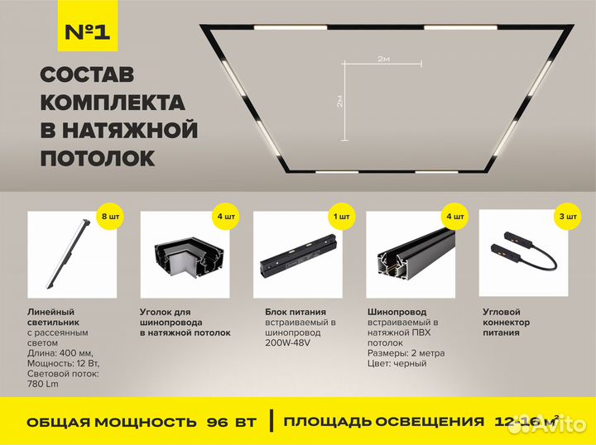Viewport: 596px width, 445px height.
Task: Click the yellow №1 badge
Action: [87, 32]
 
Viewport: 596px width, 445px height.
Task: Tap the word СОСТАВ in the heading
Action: [87, 75]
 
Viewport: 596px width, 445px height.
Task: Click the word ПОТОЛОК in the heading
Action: [97, 157]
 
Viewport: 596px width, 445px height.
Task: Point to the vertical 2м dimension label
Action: [340, 100]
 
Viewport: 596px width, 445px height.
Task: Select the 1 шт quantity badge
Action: [339, 217]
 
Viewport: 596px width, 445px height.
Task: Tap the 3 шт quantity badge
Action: [567, 217]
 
